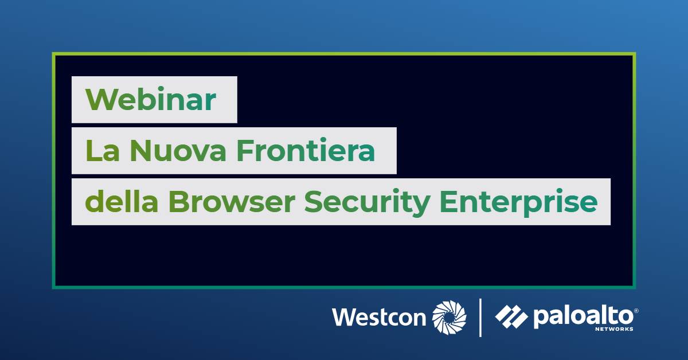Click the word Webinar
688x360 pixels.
(x=150, y=99)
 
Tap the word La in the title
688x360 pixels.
(x=103, y=151)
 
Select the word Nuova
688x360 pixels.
(x=178, y=151)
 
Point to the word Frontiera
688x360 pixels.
(x=306, y=150)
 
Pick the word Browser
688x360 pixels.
(x=232, y=202)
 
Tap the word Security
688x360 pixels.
(x=367, y=203)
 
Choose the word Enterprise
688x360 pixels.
(x=519, y=203)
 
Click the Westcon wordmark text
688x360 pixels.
(x=379, y=318)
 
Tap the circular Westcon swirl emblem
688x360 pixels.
(x=449, y=318)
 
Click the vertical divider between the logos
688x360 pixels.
(x=480, y=318)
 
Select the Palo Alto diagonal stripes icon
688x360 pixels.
(x=511, y=316)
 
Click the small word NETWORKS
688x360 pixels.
(x=614, y=329)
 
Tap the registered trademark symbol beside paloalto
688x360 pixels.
(x=636, y=311)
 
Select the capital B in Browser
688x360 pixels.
(x=178, y=202)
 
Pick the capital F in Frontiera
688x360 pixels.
(x=245, y=151)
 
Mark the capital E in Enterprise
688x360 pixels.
(x=448, y=202)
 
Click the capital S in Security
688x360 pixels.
(x=313, y=202)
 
